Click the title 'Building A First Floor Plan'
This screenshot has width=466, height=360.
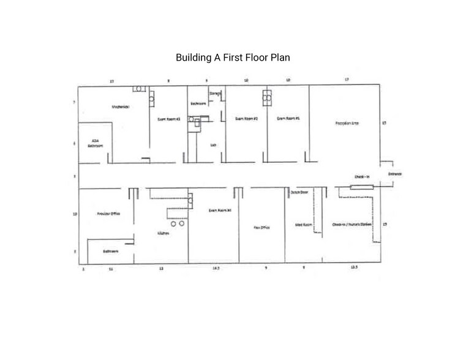pyautogui.click(x=233, y=58)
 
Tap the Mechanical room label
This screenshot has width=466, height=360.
pyautogui.click(x=119, y=107)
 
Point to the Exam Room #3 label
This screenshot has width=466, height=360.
pyautogui.click(x=168, y=119)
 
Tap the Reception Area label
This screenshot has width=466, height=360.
pyautogui.click(x=347, y=123)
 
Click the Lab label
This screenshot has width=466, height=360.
pyautogui.click(x=213, y=145)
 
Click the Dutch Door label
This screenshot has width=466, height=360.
pyautogui.click(x=299, y=192)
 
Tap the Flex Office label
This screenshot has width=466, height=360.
pyautogui.click(x=262, y=227)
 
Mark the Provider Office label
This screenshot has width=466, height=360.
pyautogui.click(x=108, y=214)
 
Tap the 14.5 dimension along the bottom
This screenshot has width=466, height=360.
pyautogui.click(x=216, y=268)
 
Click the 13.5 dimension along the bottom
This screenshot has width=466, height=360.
pyautogui.click(x=354, y=268)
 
